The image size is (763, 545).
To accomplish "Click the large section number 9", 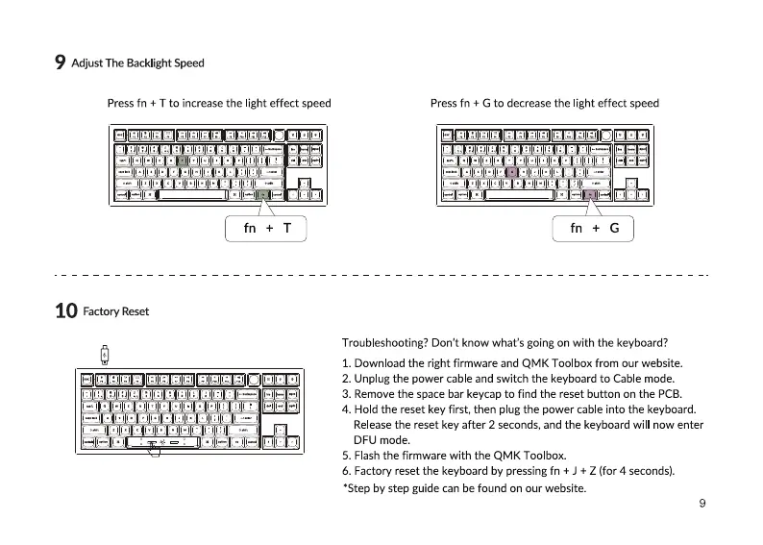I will coord(60,63).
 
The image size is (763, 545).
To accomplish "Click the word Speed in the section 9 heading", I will coord(189,63).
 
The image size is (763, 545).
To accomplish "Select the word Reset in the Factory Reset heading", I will coord(135,311).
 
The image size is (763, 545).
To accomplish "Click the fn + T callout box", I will coord(265,228).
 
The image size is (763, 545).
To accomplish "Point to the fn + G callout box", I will coord(594,228).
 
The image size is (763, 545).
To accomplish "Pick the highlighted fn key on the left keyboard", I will coord(262,195).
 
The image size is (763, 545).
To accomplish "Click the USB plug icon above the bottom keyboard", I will coord(104,355).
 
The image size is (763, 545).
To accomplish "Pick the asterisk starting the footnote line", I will coord(345,487).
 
